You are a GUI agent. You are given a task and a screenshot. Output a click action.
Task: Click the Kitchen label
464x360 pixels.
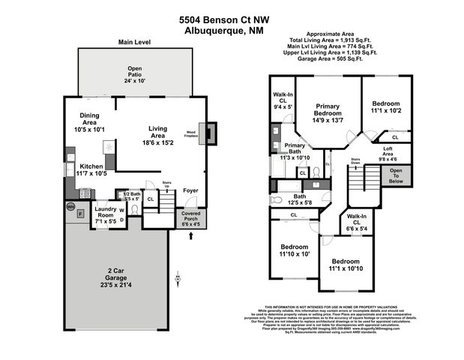91,170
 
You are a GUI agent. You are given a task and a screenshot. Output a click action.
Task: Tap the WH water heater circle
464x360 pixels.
71,205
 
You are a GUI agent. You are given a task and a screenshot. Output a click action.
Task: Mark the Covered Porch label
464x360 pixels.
191,218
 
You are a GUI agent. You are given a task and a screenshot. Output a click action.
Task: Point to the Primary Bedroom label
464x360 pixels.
328,114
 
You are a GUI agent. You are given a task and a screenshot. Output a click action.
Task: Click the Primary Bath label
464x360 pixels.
294,151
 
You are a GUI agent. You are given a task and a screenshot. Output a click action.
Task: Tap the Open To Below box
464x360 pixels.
395,175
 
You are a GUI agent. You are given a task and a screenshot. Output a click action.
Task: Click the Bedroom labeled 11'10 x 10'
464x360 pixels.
295,250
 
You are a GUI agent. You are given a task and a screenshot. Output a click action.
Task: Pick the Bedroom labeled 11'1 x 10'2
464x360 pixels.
386,106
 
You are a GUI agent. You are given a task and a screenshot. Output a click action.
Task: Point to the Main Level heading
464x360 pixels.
135,43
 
